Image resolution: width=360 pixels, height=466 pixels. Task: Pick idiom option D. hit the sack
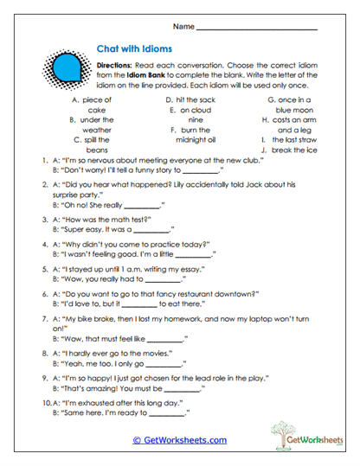click(195, 100)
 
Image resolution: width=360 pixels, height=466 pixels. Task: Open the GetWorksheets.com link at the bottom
click(179, 440)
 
